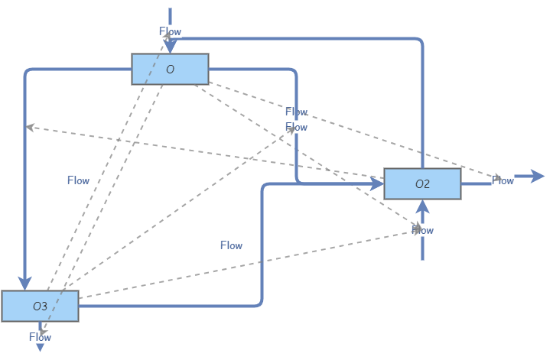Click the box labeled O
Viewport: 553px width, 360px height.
pyautogui.click(x=170, y=69)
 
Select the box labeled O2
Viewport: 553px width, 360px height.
pyautogui.click(x=422, y=183)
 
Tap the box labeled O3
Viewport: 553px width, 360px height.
pyautogui.click(x=40, y=306)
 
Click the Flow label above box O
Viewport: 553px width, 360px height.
pyautogui.click(x=170, y=31)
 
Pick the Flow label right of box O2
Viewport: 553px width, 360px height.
pyautogui.click(x=503, y=180)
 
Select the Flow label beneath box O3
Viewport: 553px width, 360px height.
pyautogui.click(x=40, y=336)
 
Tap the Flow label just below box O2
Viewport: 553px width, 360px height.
pyautogui.click(x=422, y=229)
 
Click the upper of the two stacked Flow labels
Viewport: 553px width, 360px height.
pyautogui.click(x=296, y=112)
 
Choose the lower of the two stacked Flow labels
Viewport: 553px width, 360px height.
pyautogui.click(x=296, y=127)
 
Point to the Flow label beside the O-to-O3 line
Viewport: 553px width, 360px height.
pyautogui.click(x=78, y=180)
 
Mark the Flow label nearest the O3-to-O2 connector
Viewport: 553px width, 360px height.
pyautogui.click(x=231, y=245)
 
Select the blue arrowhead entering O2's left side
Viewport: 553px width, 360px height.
pyautogui.click(x=377, y=183)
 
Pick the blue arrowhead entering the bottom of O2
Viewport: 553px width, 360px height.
pyautogui.click(x=422, y=206)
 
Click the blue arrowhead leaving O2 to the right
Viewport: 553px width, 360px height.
pyautogui.click(x=537, y=177)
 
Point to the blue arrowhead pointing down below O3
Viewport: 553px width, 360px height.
pyautogui.click(x=40, y=347)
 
